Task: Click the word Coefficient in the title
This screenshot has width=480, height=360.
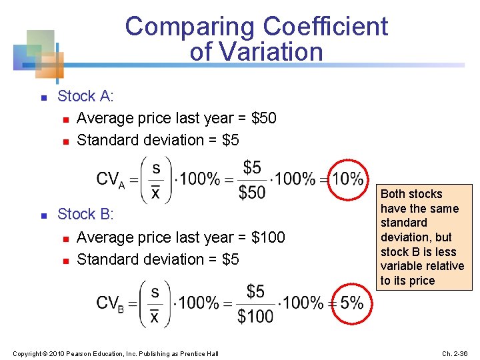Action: click(325, 27)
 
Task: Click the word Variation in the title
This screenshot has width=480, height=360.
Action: click(273, 51)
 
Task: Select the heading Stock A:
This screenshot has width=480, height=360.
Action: click(86, 96)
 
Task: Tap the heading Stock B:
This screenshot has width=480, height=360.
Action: click(86, 214)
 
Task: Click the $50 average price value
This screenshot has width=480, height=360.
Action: click(264, 118)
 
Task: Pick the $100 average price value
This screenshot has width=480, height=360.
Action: click(269, 237)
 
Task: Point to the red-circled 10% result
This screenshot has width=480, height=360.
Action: click(349, 179)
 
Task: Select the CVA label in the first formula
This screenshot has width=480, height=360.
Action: click(111, 179)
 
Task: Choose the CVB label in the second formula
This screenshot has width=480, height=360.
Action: click(111, 303)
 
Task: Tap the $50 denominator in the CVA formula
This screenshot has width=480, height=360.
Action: click(252, 192)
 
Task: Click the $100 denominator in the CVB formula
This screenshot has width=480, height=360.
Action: click(255, 316)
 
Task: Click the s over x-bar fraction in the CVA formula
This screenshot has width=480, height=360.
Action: click(155, 179)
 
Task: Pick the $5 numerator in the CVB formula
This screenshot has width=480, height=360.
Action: click(255, 291)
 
